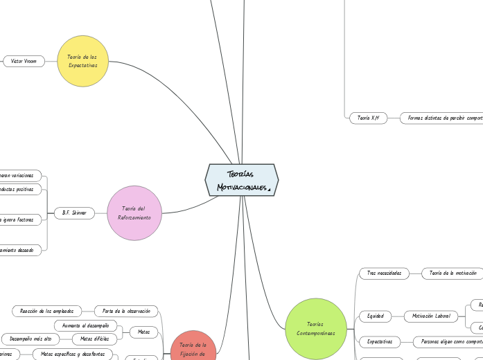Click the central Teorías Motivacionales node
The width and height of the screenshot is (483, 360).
(241, 180)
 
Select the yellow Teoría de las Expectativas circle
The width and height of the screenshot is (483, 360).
(83, 61)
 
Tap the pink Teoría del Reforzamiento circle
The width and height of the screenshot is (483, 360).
(134, 213)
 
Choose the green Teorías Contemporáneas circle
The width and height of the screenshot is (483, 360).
(316, 328)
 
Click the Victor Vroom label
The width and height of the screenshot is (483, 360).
(24, 61)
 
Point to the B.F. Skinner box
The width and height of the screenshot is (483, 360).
(74, 213)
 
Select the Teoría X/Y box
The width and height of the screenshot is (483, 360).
(368, 118)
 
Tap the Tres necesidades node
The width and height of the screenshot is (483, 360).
(385, 273)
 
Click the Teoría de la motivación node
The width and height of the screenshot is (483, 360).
(453, 273)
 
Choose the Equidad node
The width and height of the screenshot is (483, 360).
(376, 316)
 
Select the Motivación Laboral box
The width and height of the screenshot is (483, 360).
(432, 316)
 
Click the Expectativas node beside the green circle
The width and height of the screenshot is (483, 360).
(380, 341)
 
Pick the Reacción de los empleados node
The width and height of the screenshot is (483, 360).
(47, 311)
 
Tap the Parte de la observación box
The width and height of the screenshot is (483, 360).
(126, 311)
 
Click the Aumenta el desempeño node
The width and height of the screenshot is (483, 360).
(85, 325)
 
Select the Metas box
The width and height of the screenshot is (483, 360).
(143, 332)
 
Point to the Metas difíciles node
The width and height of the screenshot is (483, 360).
(94, 339)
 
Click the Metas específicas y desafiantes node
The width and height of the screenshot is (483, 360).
(73, 354)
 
